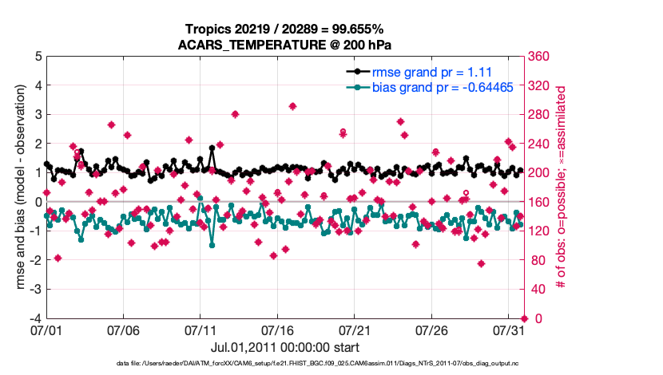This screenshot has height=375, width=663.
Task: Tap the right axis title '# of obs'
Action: [562, 187]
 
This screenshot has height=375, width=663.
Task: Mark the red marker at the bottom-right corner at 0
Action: [523, 318]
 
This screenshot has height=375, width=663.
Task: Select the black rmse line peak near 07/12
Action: [212, 148]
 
